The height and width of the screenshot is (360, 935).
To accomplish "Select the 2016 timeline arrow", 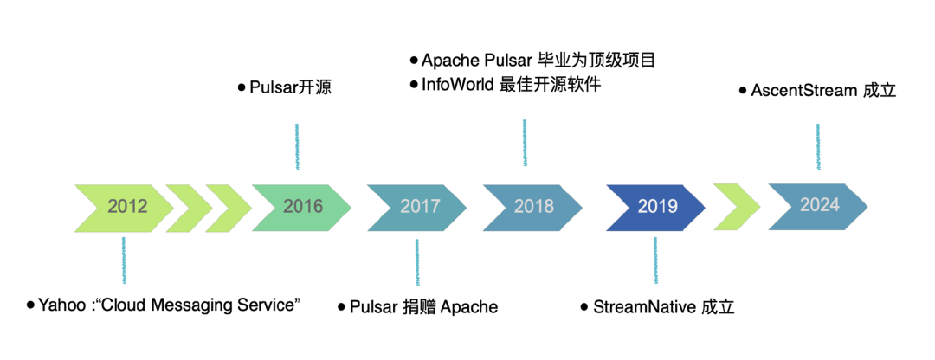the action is (302, 206).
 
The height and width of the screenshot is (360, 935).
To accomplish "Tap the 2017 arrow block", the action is (417, 206).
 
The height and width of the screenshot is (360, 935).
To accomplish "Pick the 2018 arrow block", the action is (532, 206).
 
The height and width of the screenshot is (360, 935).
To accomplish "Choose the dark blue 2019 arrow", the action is (656, 206).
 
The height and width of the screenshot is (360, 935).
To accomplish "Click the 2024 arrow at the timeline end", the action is (818, 205).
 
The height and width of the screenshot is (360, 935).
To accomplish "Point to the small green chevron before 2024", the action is (737, 206).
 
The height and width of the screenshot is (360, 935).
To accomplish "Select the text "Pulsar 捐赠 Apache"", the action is (424, 307).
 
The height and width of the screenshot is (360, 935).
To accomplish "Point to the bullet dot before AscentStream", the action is (743, 91).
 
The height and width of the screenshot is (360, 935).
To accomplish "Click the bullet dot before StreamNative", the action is (584, 307).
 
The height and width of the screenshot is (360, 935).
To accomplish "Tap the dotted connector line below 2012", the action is (124, 260).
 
